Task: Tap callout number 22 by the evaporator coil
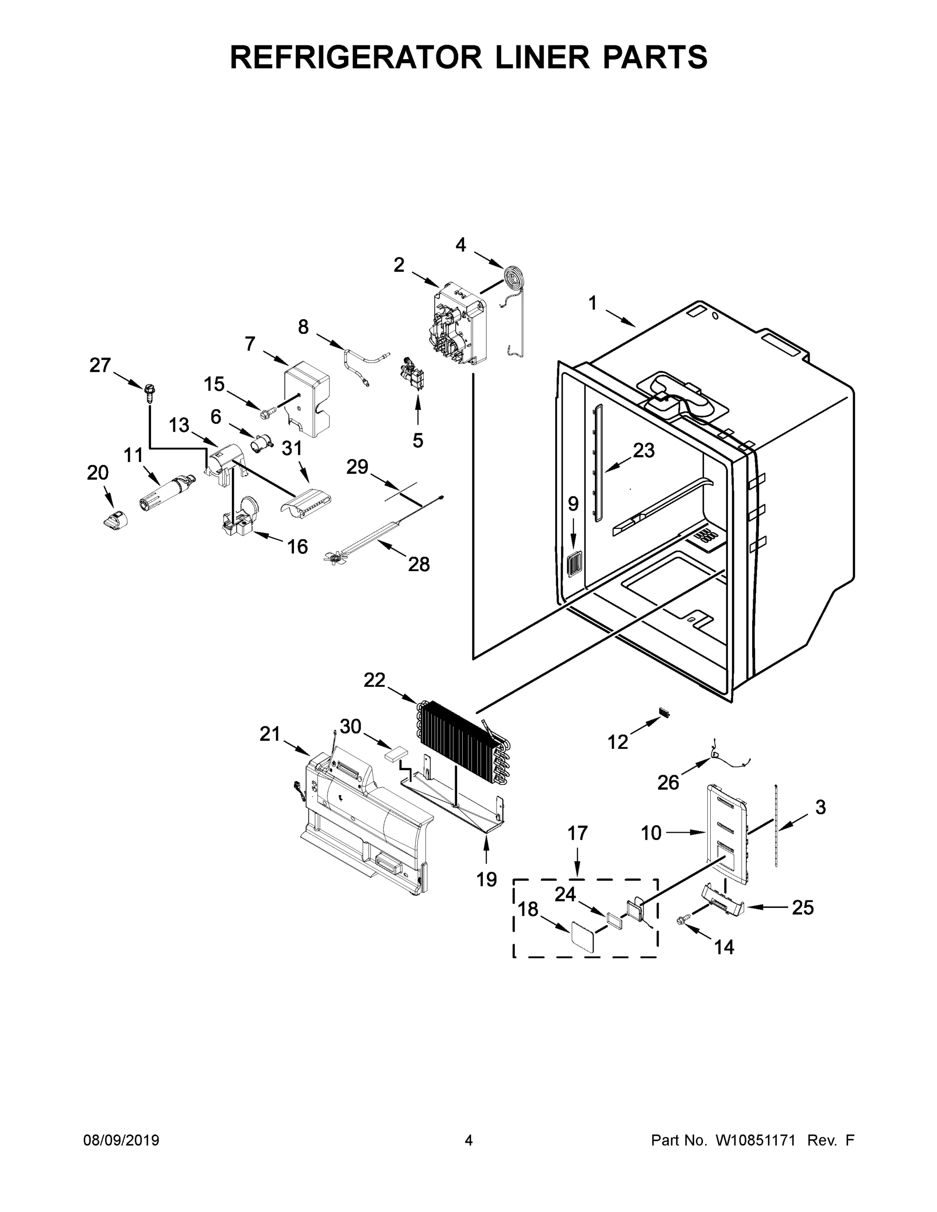click(374, 680)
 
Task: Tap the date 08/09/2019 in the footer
click(121, 1140)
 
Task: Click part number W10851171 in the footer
click(756, 1140)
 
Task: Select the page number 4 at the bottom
click(469, 1140)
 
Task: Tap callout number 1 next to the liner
click(593, 304)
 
